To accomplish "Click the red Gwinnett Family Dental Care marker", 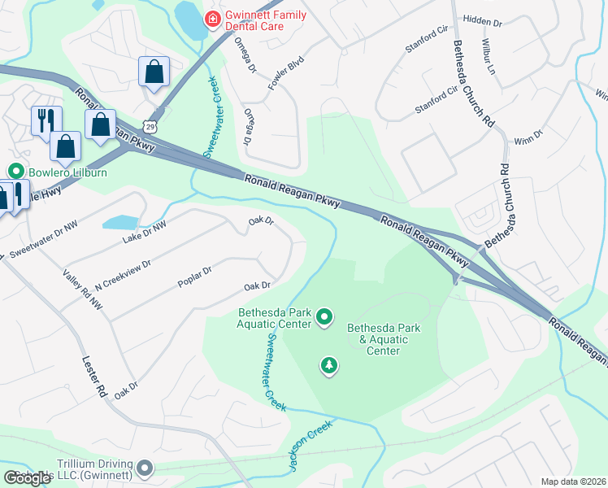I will (213, 18).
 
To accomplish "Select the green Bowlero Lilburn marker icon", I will (14, 172).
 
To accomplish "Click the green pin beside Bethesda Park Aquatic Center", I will (324, 316).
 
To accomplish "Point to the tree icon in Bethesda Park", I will (328, 365).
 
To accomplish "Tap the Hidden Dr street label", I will (483, 20).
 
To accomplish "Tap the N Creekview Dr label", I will (123, 276).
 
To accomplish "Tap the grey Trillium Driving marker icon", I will (145, 468).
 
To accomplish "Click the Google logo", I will (28, 477).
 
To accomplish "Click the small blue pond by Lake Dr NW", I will (120, 222).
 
